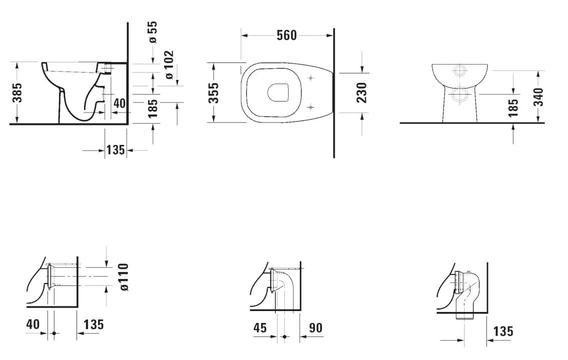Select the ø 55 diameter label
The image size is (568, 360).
click(x=153, y=32)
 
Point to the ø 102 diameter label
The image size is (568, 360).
click(x=169, y=65)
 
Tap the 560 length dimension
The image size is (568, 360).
click(x=287, y=35)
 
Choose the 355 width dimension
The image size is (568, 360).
click(x=214, y=93)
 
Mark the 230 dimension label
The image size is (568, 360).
click(x=362, y=92)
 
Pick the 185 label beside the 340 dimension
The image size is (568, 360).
click(x=513, y=108)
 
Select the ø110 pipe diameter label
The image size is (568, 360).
click(x=123, y=277)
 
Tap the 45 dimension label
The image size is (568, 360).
click(x=260, y=328)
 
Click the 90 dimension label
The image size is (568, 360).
click(x=315, y=328)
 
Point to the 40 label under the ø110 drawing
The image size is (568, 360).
click(x=33, y=324)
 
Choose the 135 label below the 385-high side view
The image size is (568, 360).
click(x=115, y=149)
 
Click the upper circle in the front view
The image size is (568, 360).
click(x=460, y=70)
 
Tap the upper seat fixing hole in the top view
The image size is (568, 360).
click(x=311, y=78)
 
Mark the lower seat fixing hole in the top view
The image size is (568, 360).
click(x=311, y=106)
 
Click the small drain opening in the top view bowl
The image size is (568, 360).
click(x=278, y=92)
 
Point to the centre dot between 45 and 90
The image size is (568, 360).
click(x=284, y=336)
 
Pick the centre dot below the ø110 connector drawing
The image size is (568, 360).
click(x=54, y=333)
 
